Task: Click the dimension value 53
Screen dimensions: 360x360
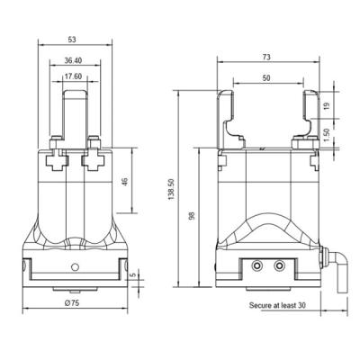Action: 72,40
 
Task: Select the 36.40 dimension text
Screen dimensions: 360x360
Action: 73,60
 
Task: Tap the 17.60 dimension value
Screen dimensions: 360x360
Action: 73,76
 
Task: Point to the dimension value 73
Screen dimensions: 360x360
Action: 266,57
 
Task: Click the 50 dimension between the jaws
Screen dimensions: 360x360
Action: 266,78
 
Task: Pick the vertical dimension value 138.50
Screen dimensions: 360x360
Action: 171,189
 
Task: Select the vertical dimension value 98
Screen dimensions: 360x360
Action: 192,216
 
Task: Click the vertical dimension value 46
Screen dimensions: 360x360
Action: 125,181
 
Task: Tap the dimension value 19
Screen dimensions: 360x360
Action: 327,105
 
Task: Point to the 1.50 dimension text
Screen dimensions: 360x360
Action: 327,134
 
